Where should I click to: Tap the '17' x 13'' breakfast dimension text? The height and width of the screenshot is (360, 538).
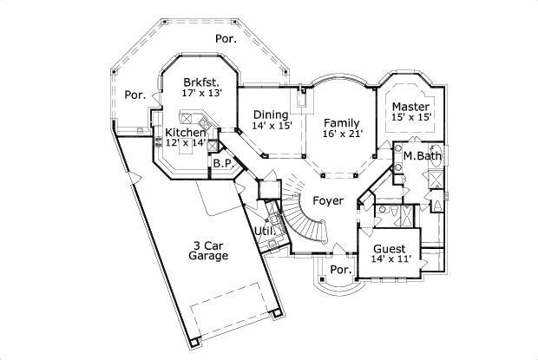(x=202, y=92)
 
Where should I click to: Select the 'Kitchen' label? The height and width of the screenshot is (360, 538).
(x=186, y=132)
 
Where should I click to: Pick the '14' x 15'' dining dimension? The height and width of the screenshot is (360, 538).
(x=272, y=126)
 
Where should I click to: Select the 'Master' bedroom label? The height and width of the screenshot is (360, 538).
(x=410, y=106)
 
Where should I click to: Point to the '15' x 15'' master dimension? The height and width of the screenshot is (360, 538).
(x=410, y=118)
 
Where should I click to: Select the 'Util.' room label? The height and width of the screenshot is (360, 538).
(x=265, y=231)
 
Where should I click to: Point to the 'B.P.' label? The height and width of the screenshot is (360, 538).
(x=223, y=163)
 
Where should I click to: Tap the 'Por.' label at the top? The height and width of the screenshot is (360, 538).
(x=226, y=39)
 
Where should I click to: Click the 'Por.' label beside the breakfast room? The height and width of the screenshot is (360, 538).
(x=134, y=95)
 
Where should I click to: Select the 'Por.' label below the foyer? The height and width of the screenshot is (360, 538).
(x=341, y=269)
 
